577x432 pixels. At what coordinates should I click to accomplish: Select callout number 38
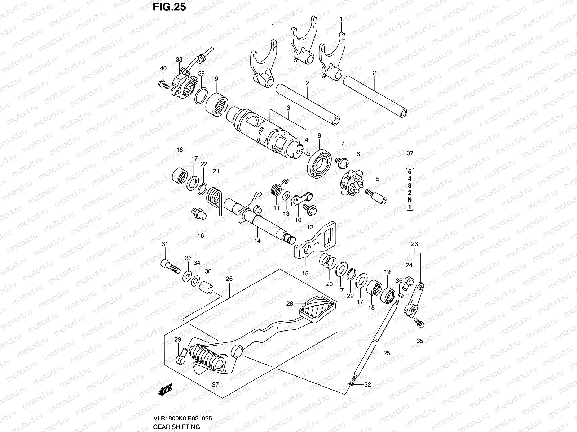179,59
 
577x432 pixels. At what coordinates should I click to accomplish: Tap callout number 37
410,153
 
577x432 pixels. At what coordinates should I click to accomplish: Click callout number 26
229,279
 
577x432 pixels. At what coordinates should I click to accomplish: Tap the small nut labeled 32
352,385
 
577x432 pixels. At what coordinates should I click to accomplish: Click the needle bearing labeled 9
217,103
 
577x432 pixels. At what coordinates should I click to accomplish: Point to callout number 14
257,241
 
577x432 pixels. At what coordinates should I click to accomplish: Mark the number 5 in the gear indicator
410,172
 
